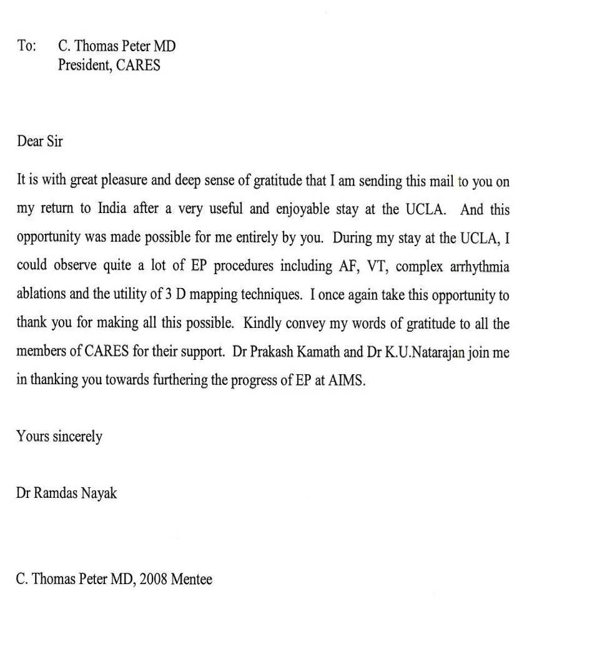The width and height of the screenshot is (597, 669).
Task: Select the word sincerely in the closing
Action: pos(77,437)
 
